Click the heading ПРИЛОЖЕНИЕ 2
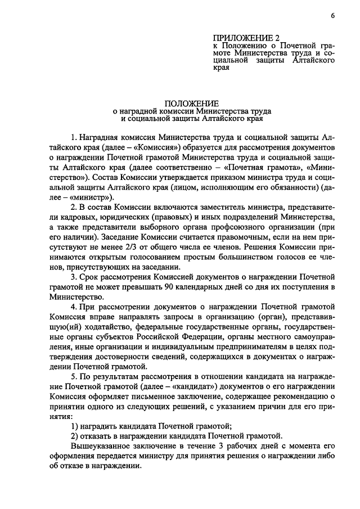click(238, 38)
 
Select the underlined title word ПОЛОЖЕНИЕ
click(188, 103)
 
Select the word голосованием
click(133, 256)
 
